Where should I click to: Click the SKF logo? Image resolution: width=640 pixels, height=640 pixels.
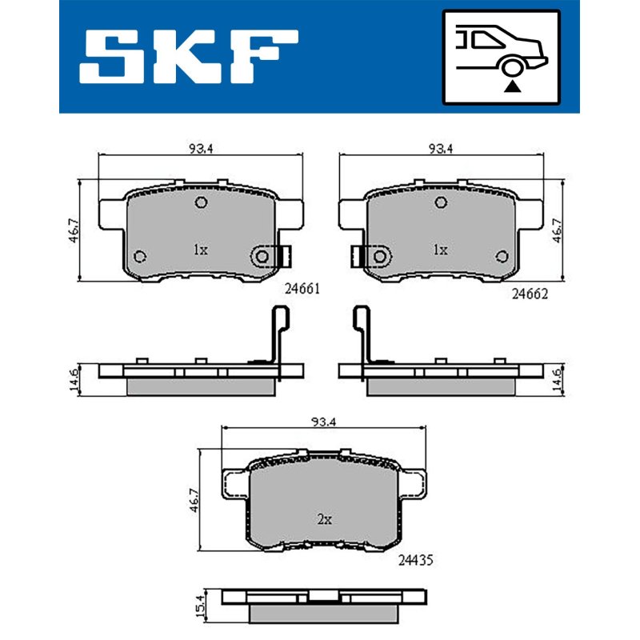pyautogui.click(x=189, y=56)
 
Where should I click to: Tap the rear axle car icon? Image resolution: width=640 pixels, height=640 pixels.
pyautogui.click(x=502, y=58)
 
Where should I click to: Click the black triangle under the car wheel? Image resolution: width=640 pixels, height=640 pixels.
pyautogui.click(x=512, y=86)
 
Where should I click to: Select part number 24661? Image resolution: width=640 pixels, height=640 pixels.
pyautogui.click(x=302, y=289)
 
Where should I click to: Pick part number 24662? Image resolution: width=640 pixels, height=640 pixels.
pyautogui.click(x=530, y=294)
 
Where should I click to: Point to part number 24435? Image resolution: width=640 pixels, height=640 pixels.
pyautogui.click(x=415, y=561)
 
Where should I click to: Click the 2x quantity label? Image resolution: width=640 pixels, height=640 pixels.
pyautogui.click(x=325, y=519)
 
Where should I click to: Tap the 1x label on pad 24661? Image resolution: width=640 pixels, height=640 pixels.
pyautogui.click(x=201, y=250)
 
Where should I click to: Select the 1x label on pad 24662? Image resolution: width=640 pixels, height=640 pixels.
pyautogui.click(x=441, y=250)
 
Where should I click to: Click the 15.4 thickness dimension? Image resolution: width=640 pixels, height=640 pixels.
pyautogui.click(x=199, y=606)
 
